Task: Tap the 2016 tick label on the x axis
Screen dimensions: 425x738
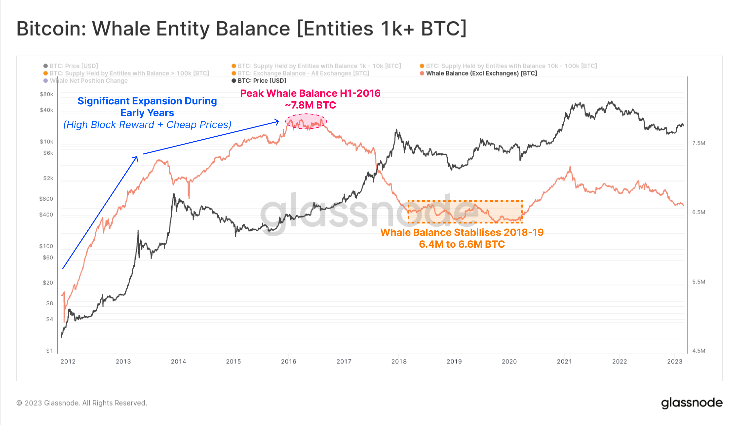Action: (289, 361)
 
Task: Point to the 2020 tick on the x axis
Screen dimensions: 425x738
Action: (509, 361)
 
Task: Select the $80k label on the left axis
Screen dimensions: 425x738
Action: (47, 94)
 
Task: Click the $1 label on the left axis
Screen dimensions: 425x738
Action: (50, 351)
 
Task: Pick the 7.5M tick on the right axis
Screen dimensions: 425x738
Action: (698, 143)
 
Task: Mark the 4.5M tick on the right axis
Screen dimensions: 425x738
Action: (698, 351)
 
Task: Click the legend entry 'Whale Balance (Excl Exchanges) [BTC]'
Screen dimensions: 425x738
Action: (481, 73)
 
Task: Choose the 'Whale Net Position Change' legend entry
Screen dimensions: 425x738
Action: (89, 81)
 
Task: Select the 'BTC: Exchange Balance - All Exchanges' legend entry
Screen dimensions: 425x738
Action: (303, 73)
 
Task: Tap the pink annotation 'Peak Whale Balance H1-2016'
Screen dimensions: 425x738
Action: (310, 93)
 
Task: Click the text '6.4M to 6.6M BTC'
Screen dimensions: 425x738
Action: (462, 244)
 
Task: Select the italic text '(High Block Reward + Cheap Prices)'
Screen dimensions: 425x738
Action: (147, 125)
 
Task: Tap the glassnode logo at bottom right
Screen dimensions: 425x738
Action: (692, 403)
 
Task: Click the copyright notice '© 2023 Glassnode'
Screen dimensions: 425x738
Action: (82, 403)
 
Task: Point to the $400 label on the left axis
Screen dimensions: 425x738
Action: (46, 215)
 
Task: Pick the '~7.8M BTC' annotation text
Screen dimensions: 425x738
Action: (310, 105)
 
